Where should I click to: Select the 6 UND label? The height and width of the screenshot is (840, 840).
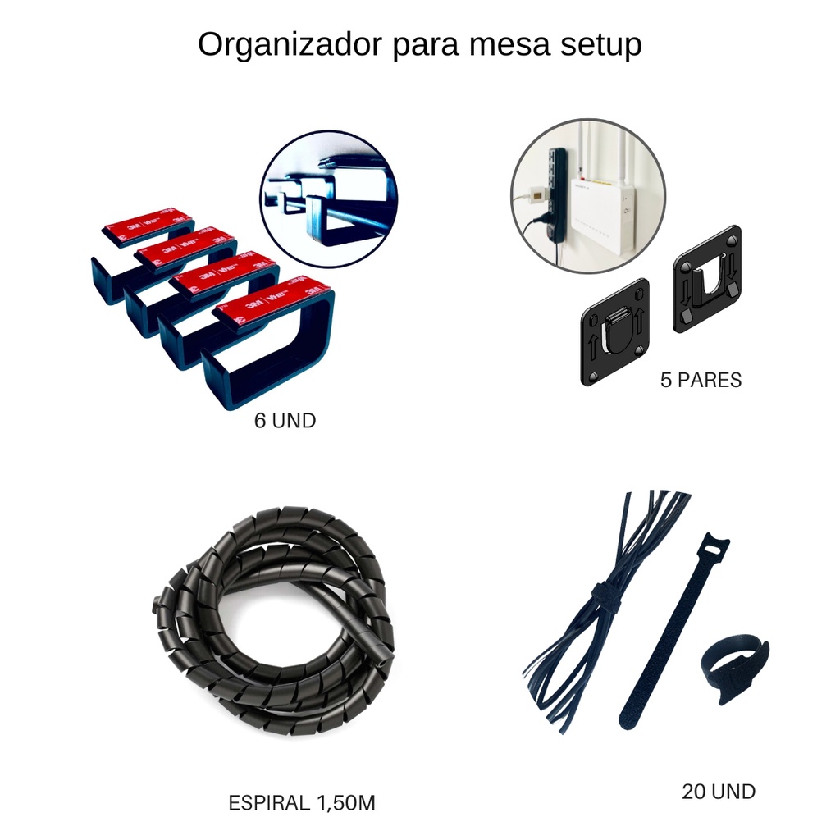point(285,422)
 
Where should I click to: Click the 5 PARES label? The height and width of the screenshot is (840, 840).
point(701,381)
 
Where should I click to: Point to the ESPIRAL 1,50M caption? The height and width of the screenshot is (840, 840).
point(302,803)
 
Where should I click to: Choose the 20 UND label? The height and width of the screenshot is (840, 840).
point(719,792)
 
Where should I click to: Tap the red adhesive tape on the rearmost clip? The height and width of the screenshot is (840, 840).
point(148,221)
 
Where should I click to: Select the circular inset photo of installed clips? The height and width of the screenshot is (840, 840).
point(329,200)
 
